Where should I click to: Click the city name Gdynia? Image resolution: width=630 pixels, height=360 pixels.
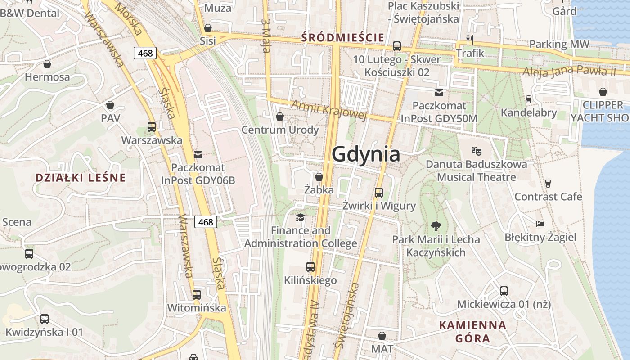click(366, 154)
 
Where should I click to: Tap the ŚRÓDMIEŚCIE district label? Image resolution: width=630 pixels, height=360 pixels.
click(343, 37)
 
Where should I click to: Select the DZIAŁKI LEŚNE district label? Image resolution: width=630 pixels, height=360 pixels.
click(80, 178)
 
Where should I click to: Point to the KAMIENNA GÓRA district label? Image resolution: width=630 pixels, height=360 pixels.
click(472, 331)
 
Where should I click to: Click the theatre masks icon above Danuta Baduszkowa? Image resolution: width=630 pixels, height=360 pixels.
click(476, 150)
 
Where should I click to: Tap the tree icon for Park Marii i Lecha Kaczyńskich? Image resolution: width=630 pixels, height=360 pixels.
click(436, 226)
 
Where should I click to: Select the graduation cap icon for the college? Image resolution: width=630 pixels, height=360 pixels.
click(300, 218)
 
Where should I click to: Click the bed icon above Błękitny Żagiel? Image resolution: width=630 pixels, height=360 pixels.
click(540, 224)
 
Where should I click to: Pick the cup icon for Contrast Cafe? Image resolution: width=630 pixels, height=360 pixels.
click(548, 183)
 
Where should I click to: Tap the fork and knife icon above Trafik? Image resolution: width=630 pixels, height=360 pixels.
click(470, 40)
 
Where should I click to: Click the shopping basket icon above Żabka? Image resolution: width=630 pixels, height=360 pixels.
click(319, 177)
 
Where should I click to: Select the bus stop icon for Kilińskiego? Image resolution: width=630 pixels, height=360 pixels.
click(310, 267)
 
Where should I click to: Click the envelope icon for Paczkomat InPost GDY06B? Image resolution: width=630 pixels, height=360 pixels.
click(198, 155)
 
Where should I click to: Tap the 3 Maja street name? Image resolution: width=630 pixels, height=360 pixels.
click(266, 36)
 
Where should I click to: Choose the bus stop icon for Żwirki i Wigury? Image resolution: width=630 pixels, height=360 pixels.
click(379, 193)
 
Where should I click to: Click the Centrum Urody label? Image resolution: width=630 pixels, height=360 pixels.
click(280, 130)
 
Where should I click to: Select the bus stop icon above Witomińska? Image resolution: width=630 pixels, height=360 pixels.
click(196, 295)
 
